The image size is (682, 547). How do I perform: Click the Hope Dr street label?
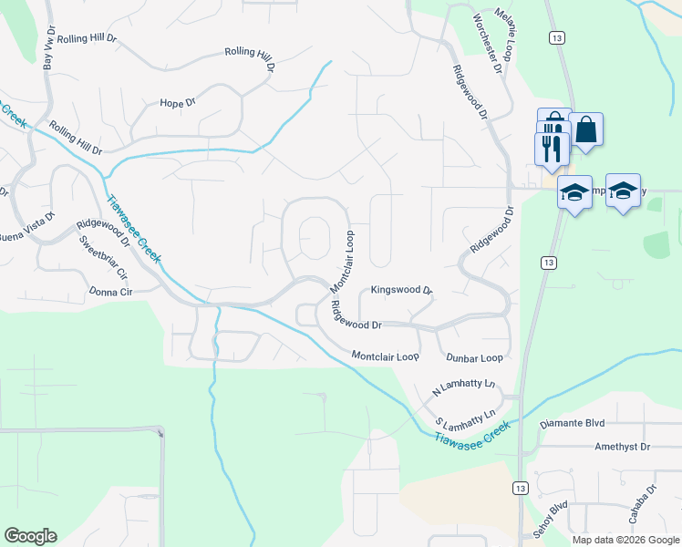click(x=178, y=103)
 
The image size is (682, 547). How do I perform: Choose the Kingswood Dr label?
click(x=401, y=291)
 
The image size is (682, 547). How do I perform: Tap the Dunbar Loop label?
click(x=474, y=358)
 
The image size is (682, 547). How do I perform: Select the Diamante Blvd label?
click(x=573, y=424)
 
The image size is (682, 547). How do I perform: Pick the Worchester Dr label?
click(x=488, y=44)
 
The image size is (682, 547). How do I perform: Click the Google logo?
click(x=30, y=536)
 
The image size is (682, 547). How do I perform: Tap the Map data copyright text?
click(x=625, y=540)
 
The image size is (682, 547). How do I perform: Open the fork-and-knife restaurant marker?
click(x=552, y=147)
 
